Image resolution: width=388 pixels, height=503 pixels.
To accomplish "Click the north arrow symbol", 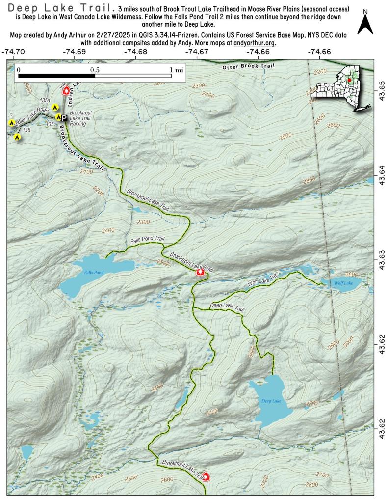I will pos(365,23).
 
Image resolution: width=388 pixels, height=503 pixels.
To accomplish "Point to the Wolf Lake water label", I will pos(343,283).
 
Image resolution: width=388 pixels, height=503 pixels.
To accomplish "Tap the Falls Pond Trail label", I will pos(147,239).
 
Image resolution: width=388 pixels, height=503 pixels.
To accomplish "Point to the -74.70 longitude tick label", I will pos(13,51).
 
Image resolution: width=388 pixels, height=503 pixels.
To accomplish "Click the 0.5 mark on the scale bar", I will pos(94,70).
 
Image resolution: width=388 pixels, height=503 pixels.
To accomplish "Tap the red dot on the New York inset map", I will pos(349,80).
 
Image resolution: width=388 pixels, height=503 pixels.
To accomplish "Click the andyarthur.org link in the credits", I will pos(255,43).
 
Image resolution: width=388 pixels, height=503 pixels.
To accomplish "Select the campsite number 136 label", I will pos(26,130).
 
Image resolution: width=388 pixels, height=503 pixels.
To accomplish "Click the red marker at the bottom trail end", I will pos(206,476).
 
